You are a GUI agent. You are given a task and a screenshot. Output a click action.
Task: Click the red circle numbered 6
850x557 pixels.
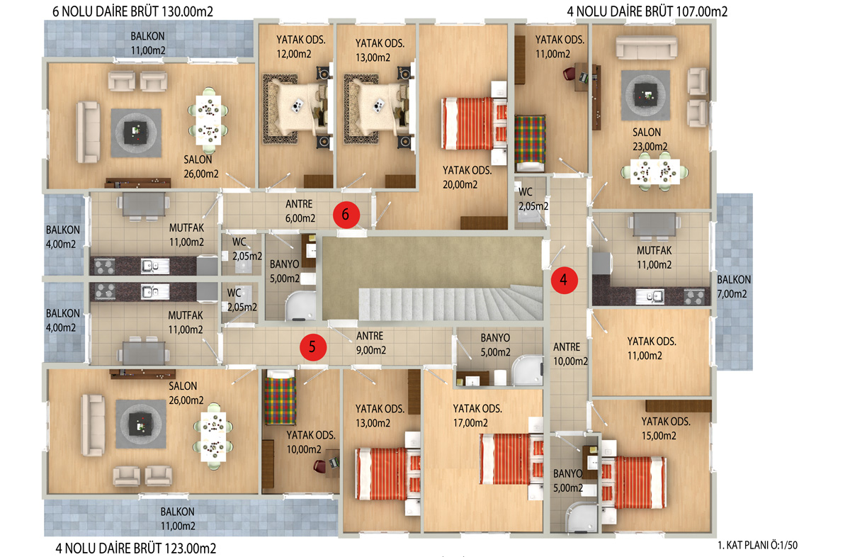tap(346, 215)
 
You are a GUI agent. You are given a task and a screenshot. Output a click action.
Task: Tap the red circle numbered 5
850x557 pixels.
tap(313, 347)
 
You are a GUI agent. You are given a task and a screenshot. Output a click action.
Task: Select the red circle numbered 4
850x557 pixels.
tap(565, 280)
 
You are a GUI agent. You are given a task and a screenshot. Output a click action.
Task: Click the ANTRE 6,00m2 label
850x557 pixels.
tap(300, 211)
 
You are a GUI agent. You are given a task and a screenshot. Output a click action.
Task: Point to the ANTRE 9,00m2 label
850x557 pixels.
tap(370, 343)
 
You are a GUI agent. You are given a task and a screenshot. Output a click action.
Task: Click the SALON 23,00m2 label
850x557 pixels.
tap(650, 140)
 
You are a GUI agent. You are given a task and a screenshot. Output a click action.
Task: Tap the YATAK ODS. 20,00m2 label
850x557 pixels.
tap(467, 177)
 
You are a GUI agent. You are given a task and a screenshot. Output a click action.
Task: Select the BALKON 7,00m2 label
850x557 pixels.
tap(734, 287)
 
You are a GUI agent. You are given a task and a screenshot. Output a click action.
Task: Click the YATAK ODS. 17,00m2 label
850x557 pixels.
tap(477, 415)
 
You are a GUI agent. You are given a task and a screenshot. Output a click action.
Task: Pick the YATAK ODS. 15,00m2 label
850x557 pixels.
tap(666, 428)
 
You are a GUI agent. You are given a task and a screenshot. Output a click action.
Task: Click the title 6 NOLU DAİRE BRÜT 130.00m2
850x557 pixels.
tap(132, 12)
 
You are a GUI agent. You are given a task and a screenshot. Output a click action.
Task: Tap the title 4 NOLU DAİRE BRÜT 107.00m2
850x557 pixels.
tap(647, 12)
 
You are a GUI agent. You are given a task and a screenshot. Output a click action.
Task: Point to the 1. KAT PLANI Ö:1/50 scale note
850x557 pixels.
tap(757, 545)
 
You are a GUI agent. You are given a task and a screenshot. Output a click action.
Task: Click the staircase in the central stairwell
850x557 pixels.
tap(450, 304)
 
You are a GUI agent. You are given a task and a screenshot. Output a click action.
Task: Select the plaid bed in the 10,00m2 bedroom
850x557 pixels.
tap(280, 398)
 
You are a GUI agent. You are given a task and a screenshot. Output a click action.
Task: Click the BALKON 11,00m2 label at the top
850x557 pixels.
tap(147, 43)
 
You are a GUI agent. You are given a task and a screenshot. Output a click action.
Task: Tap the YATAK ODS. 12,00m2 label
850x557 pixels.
tap(300, 47)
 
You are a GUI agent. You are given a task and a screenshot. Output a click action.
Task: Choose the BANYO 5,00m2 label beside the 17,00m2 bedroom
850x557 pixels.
tap(495, 344)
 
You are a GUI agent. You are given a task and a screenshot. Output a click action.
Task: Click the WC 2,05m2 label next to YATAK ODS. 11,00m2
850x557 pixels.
tap(533, 199)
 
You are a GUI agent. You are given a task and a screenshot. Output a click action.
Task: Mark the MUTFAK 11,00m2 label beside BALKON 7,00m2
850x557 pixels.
tap(654, 257)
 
